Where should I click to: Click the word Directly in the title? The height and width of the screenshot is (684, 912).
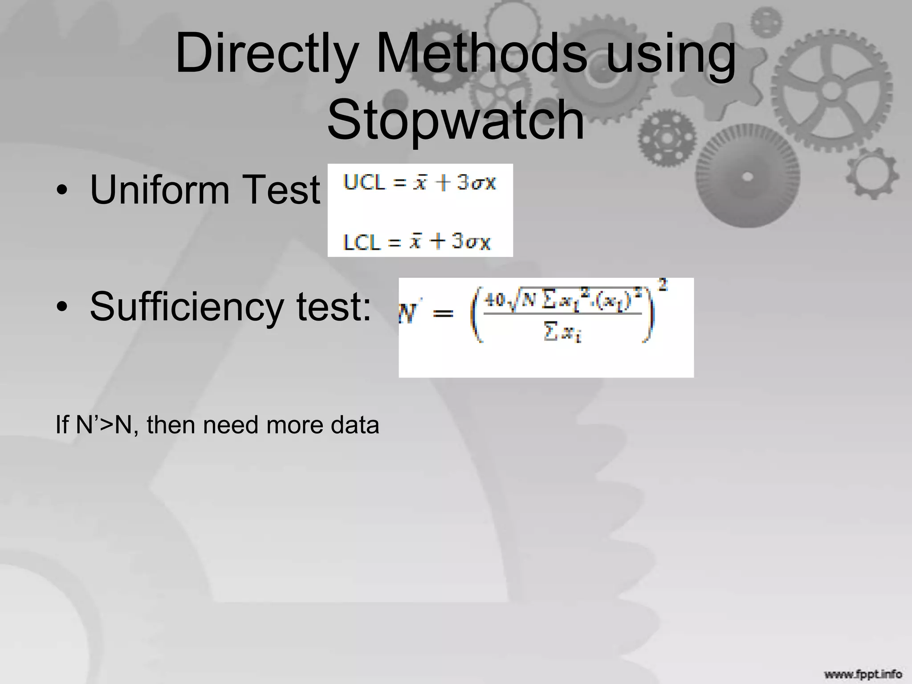pyautogui.click(x=267, y=54)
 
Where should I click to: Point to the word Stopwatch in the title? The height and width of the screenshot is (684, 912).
pyautogui.click(x=456, y=120)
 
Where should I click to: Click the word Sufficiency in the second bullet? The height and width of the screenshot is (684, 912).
pyautogui.click(x=187, y=306)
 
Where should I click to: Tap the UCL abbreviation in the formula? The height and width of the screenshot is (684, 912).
pyautogui.click(x=364, y=183)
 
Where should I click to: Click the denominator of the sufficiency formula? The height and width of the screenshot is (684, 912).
pyautogui.click(x=562, y=332)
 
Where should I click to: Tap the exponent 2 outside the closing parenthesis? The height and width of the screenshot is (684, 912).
pyautogui.click(x=663, y=285)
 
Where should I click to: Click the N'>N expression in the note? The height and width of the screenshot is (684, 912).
pyautogui.click(x=104, y=425)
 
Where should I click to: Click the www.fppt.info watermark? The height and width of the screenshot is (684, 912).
pyautogui.click(x=863, y=674)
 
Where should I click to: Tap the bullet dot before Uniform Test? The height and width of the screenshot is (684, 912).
pyautogui.click(x=63, y=191)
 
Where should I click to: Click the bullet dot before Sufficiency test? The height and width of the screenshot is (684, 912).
pyautogui.click(x=63, y=307)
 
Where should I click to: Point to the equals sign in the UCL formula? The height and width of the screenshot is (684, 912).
pyautogui.click(x=399, y=183)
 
